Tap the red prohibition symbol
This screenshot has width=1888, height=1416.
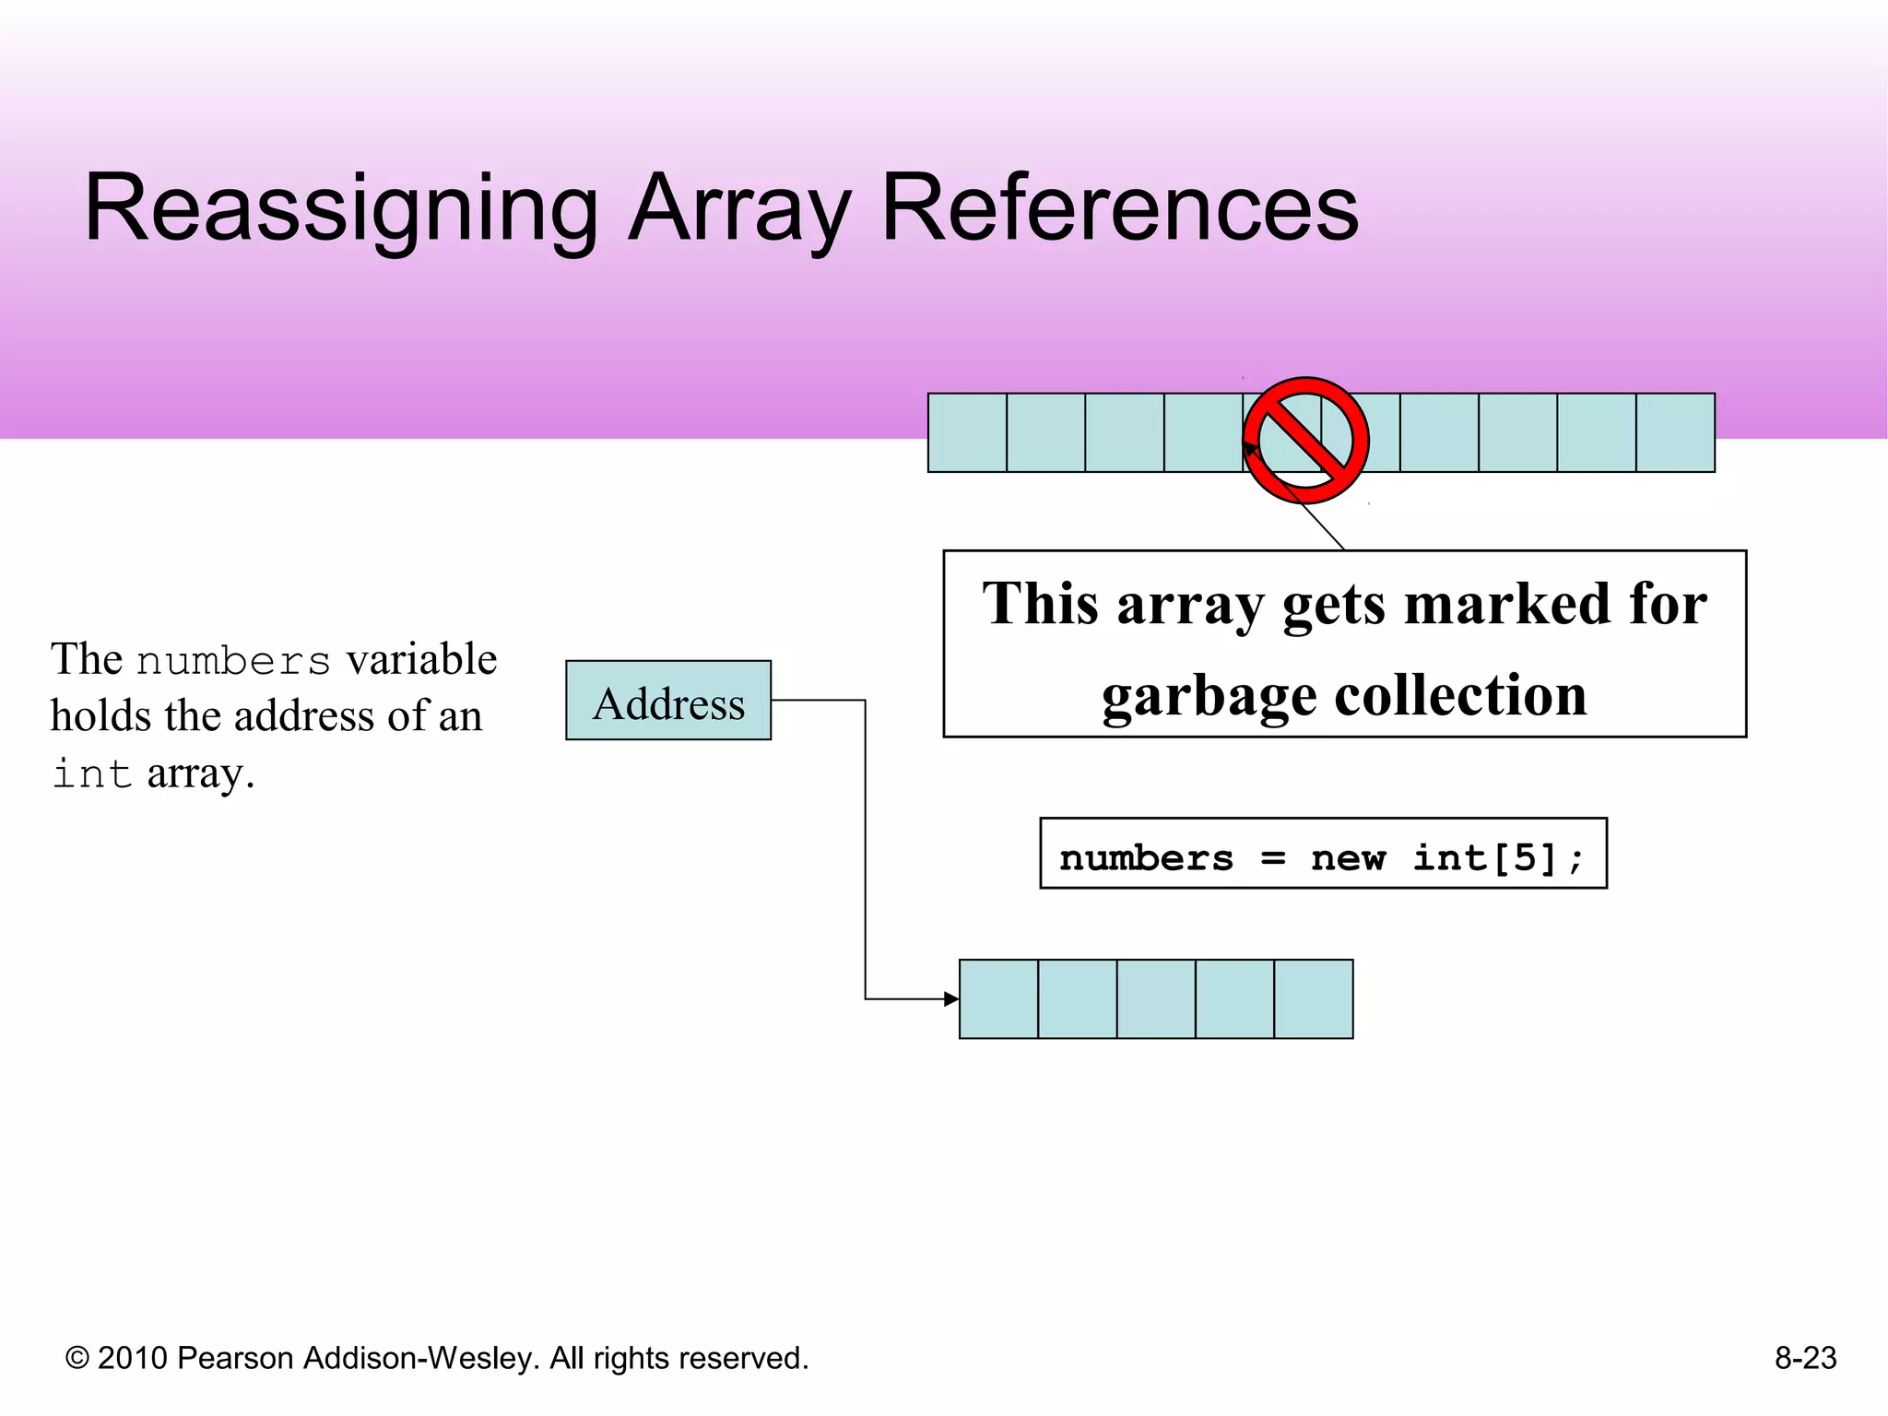[1305, 440]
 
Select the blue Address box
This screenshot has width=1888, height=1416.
[668, 701]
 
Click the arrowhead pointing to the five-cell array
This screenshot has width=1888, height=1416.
[951, 999]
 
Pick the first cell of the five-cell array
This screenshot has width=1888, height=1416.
[998, 999]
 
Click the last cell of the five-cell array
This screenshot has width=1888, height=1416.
[1314, 999]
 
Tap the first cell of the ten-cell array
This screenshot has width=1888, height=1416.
[967, 433]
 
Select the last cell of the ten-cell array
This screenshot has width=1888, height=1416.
[1675, 433]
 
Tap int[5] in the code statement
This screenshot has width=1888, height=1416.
[1497, 858]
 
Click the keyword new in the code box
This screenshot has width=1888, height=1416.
[1348, 858]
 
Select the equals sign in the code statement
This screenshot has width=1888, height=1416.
[1272, 858]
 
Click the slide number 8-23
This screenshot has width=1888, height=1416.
[1805, 1358]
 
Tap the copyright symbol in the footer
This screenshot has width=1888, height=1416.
[77, 1359]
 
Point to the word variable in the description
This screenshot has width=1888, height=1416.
[422, 660]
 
